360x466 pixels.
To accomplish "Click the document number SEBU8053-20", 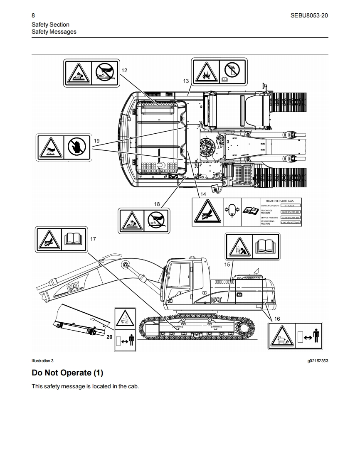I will (x=310, y=16).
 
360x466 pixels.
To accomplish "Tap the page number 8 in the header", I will (x=33, y=16).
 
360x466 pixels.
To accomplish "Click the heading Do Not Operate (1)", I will (x=67, y=373).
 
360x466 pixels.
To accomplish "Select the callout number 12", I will (x=124, y=70).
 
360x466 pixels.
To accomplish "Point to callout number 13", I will (x=186, y=81).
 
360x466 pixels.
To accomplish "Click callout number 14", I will (x=203, y=194).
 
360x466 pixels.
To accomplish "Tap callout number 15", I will (x=227, y=264).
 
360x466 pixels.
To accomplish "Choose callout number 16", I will (x=277, y=319).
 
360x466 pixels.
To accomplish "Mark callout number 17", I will (x=93, y=239).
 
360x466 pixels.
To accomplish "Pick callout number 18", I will (x=157, y=204).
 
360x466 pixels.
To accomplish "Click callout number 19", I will (x=96, y=141).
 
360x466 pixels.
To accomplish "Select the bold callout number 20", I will (x=109, y=337).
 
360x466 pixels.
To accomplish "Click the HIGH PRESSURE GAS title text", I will (x=279, y=201).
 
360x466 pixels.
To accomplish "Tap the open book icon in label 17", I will (x=74, y=239).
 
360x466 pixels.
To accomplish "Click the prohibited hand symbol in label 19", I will (x=76, y=146).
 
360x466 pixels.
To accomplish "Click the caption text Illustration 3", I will (x=43, y=361).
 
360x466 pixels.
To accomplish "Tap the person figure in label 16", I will (x=316, y=336).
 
